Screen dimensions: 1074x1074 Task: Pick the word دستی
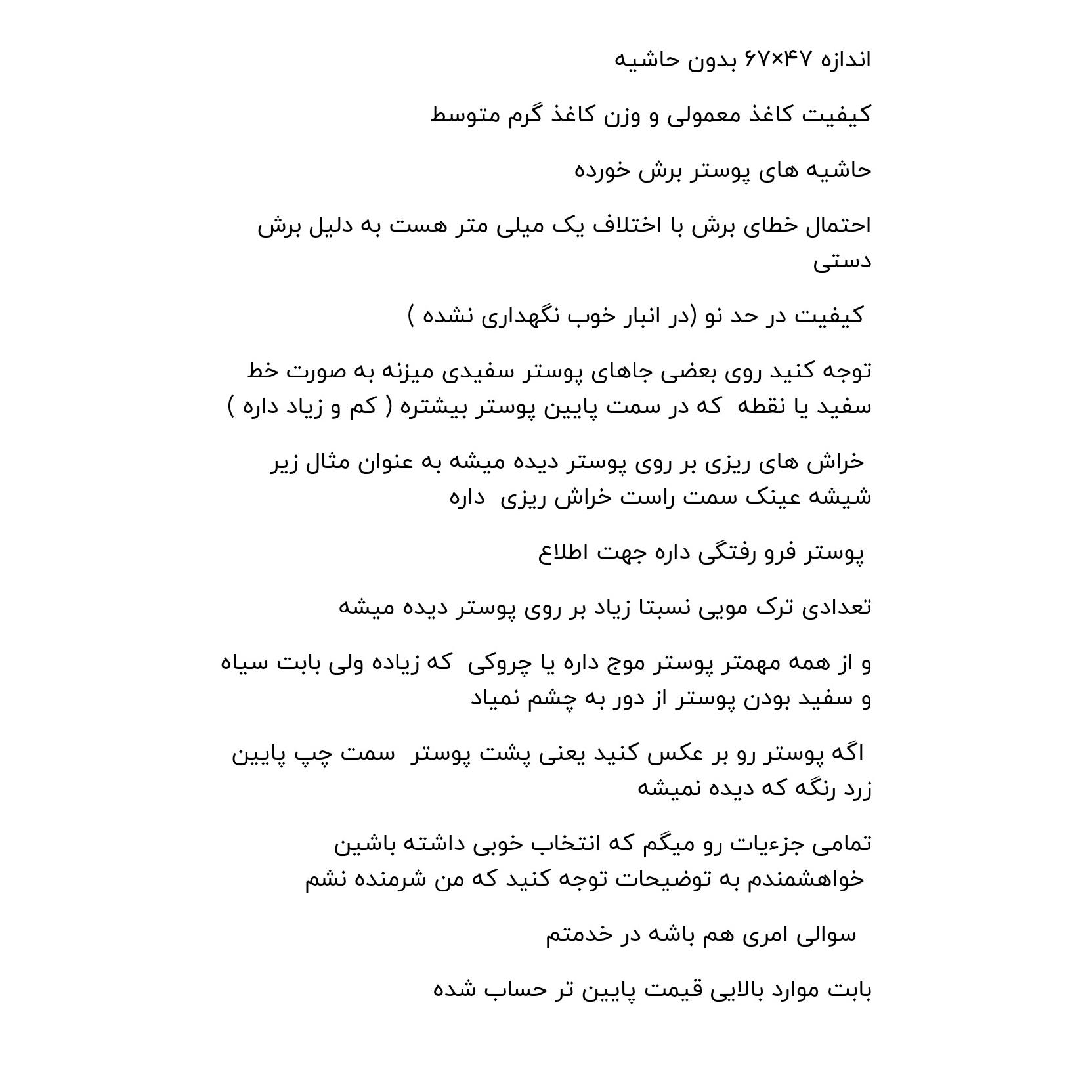point(842,261)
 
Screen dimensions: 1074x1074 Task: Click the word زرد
point(855,788)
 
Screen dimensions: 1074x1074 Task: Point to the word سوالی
point(827,934)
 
